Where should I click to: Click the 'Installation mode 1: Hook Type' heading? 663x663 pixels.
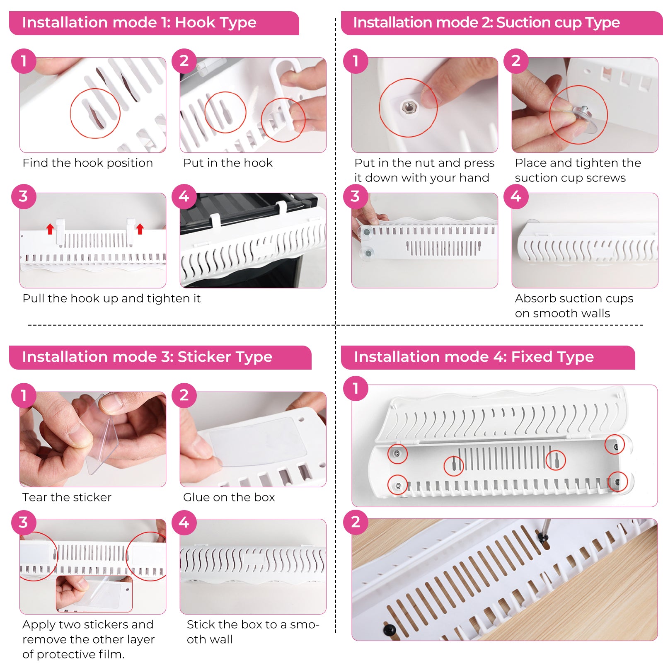point(139,22)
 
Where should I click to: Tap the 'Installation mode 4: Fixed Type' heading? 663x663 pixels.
point(474,357)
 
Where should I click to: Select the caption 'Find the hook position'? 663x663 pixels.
point(88,163)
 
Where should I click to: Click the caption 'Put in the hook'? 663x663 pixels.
point(228,163)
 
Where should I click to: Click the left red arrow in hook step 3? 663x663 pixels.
point(50,229)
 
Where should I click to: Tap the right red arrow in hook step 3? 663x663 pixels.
point(140,229)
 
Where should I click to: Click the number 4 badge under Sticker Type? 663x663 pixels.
point(184,522)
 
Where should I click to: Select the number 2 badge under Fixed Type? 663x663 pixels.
point(356,522)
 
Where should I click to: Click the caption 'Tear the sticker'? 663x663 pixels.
point(67,497)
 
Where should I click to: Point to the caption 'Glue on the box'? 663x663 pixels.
point(229,497)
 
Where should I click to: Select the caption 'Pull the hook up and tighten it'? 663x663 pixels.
point(112,298)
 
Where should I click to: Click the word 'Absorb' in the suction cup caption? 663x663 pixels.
point(536,298)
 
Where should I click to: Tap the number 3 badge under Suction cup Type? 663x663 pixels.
point(356,196)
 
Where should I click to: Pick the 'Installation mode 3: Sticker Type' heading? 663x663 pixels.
point(147,357)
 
